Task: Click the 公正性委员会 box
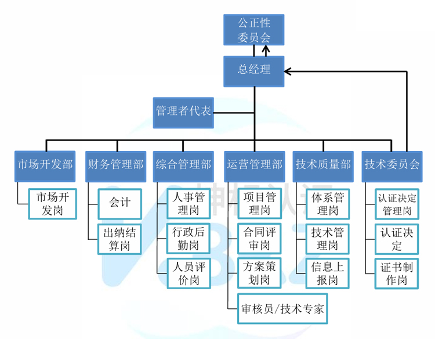254,30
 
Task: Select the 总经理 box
254,71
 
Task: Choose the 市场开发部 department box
45,164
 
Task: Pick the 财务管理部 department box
115,164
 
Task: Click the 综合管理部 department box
183,164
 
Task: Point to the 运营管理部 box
254,164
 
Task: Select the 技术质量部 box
323,164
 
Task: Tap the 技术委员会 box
392,164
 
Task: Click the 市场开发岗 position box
53,203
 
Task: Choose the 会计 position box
120,203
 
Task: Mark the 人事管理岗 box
186,203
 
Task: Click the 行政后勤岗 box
186,238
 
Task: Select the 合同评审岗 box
258,238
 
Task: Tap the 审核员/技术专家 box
282,308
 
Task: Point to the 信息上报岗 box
327,273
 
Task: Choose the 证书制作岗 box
397,273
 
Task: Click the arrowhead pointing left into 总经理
288,71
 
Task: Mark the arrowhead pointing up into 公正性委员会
266,48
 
